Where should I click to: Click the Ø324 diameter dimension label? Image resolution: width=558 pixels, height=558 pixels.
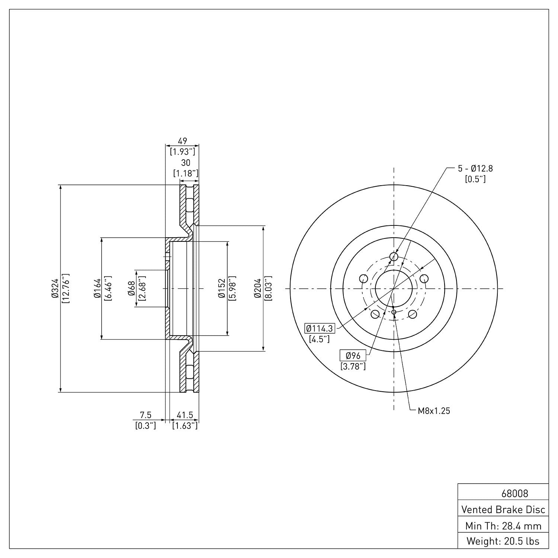[54, 288]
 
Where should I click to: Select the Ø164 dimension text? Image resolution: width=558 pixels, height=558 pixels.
[97, 288]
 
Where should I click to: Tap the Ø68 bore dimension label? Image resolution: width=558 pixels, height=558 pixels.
[131, 288]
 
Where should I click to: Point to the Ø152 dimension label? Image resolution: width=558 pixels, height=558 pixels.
[222, 288]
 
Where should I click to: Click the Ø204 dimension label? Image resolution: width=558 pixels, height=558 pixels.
[257, 288]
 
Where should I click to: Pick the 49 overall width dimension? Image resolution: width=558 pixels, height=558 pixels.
[182, 141]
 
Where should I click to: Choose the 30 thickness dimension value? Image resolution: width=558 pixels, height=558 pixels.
[185, 163]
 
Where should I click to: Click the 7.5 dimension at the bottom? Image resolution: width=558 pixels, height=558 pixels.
[145, 415]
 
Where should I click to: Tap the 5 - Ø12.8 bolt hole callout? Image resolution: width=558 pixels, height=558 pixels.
[475, 169]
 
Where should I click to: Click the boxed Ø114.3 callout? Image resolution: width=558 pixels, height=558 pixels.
[320, 328]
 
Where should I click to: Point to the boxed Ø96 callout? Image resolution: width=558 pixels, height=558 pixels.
[353, 356]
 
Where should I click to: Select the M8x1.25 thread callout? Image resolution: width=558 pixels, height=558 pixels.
[434, 411]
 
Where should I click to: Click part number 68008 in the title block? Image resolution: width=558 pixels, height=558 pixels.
[514, 494]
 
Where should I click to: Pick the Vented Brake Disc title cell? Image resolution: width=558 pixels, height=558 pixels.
[503, 509]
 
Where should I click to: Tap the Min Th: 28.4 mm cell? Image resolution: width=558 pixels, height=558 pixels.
[503, 526]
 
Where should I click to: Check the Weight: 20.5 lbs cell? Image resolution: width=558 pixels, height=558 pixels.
[503, 541]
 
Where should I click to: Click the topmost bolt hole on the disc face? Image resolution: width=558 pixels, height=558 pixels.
[394, 257]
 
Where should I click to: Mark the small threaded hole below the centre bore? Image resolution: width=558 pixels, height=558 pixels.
[394, 312]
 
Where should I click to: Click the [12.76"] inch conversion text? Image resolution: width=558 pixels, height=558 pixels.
[66, 288]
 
